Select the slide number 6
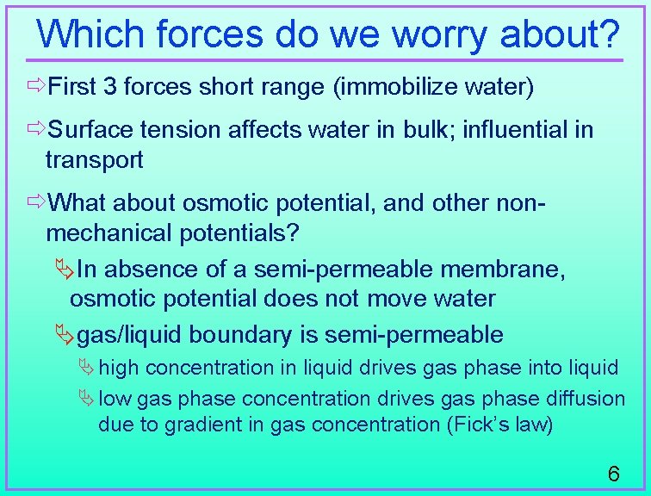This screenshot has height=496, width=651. coord(613,474)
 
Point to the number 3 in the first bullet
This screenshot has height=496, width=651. coord(109,87)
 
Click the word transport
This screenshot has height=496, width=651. coord(95,159)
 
